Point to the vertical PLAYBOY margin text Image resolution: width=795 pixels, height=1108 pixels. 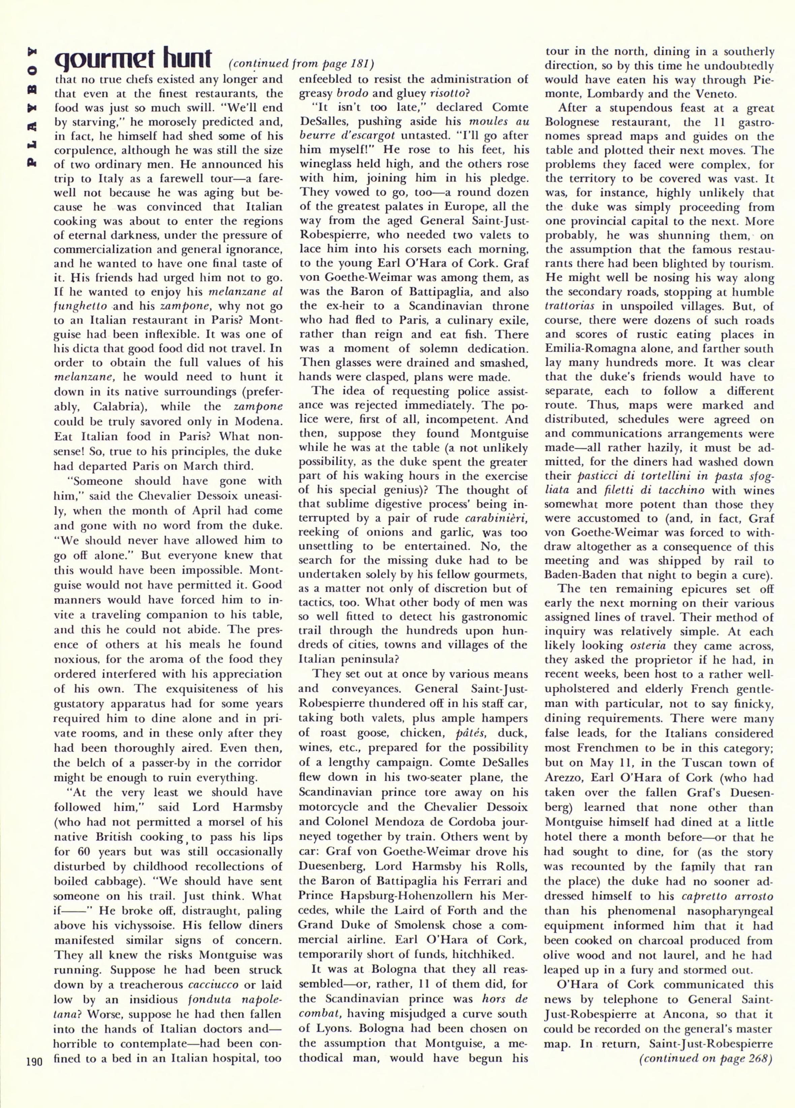click(x=31, y=107)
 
